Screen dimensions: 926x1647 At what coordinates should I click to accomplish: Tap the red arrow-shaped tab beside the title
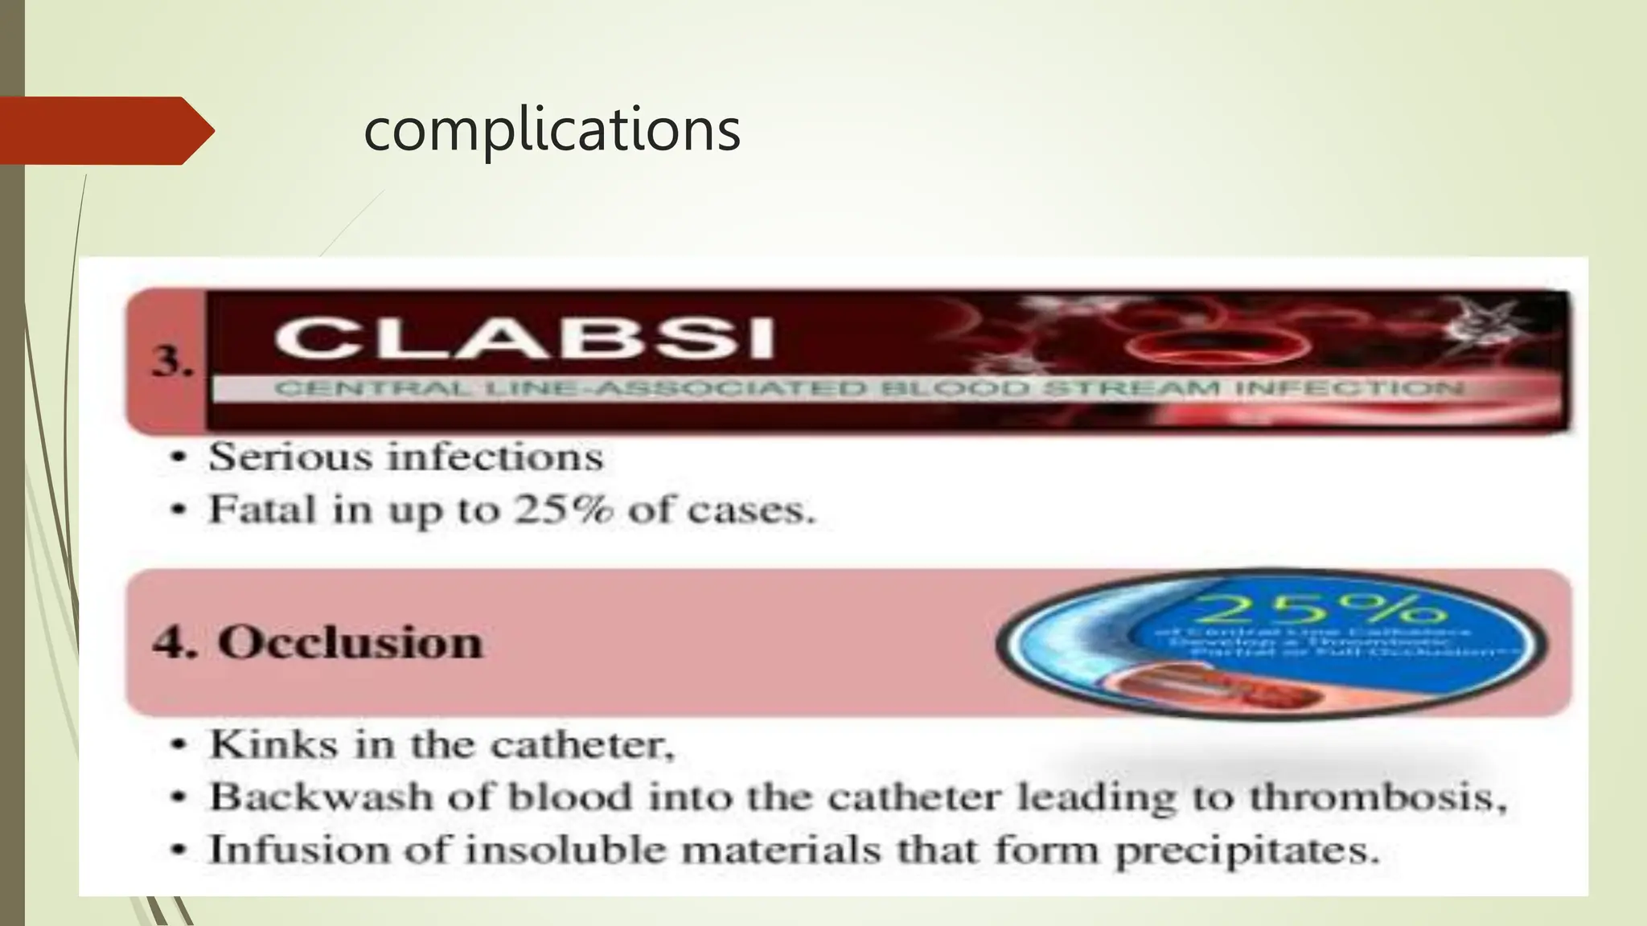click(x=105, y=130)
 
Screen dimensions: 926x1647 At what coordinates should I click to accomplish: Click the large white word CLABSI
click(x=524, y=338)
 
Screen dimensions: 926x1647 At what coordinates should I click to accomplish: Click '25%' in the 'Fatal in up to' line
click(x=565, y=509)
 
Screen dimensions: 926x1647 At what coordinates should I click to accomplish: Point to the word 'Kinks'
click(x=273, y=744)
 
